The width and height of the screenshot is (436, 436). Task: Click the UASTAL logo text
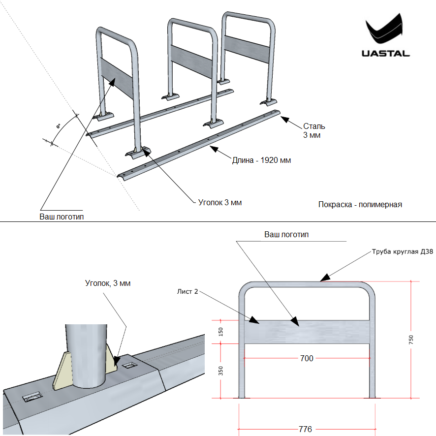click(385, 53)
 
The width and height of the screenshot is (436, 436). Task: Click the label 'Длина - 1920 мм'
click(261, 160)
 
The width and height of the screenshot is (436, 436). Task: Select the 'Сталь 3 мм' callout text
click(313, 130)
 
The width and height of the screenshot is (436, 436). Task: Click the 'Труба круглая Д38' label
click(403, 252)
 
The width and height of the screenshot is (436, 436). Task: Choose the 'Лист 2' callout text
click(187, 291)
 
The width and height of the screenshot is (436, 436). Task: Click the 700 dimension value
click(307, 358)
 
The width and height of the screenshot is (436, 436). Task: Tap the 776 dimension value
click(305, 429)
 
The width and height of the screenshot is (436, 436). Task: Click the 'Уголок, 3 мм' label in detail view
click(108, 283)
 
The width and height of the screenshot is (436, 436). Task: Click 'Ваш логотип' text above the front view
click(286, 234)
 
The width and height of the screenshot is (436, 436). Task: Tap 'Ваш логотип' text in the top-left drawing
click(62, 217)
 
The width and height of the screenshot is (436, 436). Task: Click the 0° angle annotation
click(58, 127)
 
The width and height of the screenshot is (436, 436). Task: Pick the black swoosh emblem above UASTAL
click(384, 30)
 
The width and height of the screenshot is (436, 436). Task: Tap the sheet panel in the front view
click(335, 332)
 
